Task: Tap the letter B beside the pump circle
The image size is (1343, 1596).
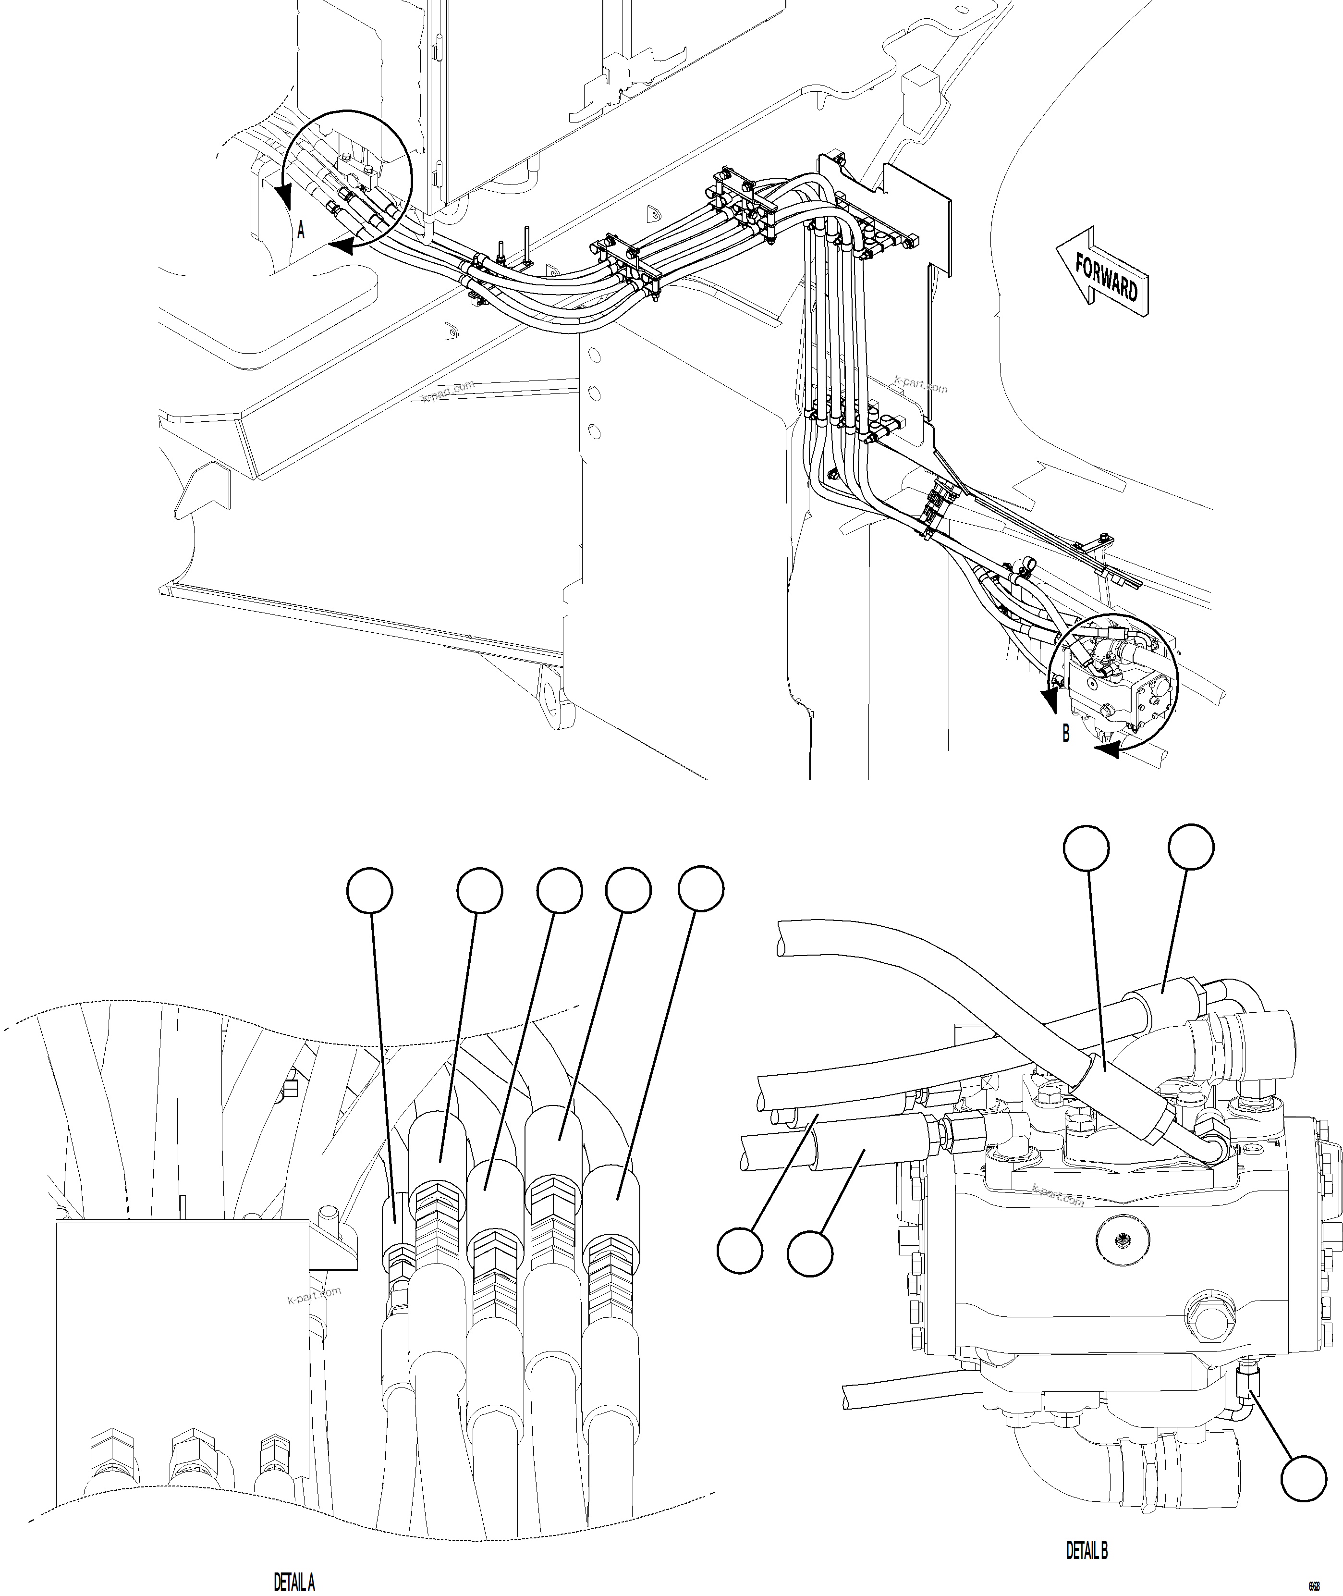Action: (x=1066, y=733)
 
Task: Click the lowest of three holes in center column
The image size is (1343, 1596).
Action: (x=595, y=432)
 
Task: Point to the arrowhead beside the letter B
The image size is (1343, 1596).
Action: (x=1106, y=751)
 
